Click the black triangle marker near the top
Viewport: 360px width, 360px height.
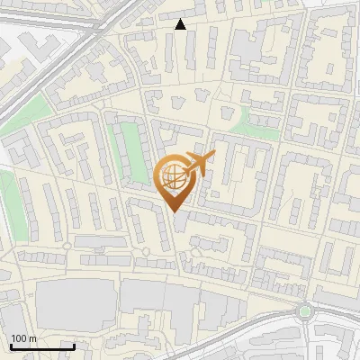(x=181, y=25)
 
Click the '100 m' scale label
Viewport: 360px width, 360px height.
(x=24, y=338)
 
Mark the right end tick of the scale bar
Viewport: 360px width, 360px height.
(x=74, y=346)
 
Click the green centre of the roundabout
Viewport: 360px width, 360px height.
(x=305, y=312)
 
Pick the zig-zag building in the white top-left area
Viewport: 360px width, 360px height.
(x=36, y=45)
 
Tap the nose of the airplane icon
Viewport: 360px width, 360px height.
(x=214, y=156)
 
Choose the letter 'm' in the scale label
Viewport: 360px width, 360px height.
(x=33, y=338)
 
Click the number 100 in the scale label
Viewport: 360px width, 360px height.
(x=19, y=338)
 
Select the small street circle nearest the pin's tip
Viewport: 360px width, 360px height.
(x=145, y=250)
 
